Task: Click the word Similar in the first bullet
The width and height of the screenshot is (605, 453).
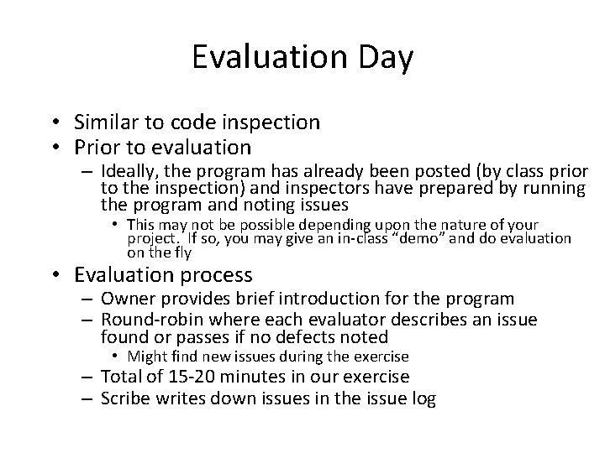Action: tap(108, 122)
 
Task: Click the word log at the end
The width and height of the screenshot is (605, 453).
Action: tap(421, 398)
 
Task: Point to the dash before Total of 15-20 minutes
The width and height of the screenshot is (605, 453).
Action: tap(90, 377)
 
